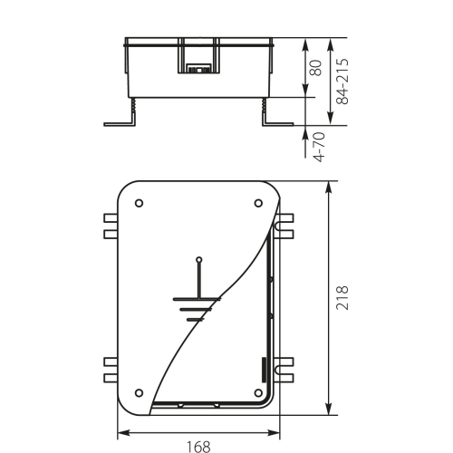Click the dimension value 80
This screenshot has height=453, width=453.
coord(315,69)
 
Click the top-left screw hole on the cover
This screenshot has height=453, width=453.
coord(139,203)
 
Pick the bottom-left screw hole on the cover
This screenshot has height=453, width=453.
coord(139,391)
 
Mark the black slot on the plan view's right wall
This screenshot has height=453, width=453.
coord(265,368)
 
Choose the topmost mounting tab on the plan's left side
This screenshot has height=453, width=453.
coord(111,218)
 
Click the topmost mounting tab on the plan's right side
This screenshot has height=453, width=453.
coord(287,218)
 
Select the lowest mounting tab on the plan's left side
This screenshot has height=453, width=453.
coord(111,375)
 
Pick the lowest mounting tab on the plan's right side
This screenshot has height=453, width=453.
coord(287,375)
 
